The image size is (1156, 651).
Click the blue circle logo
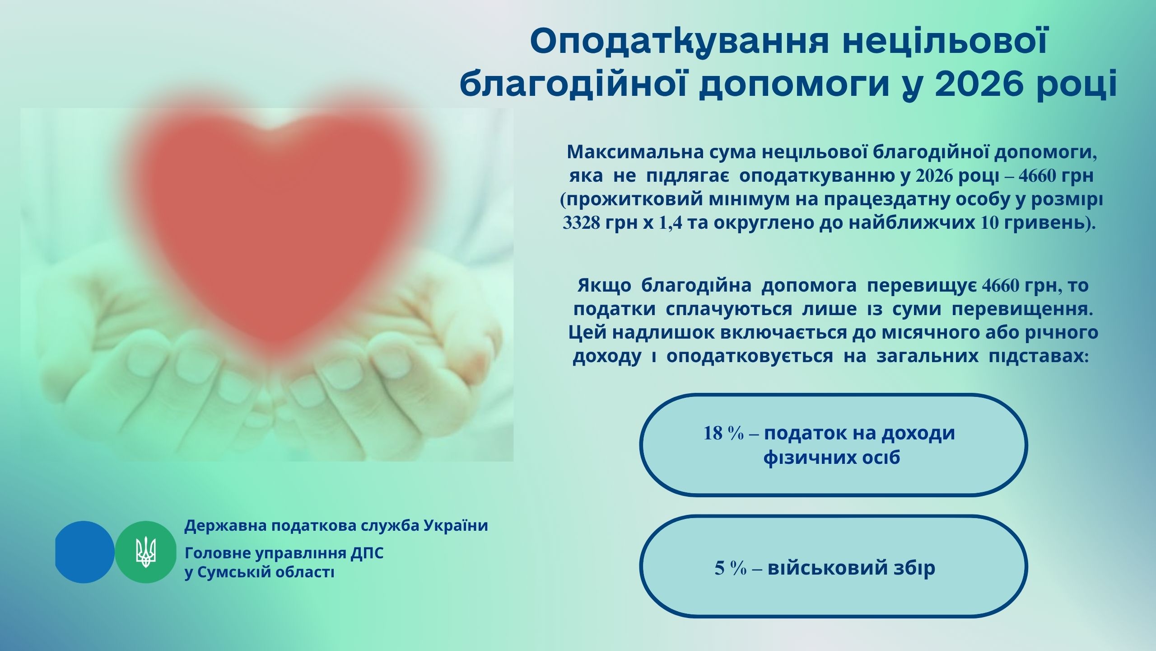pos(84,552)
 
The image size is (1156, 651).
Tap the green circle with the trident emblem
pos(145,552)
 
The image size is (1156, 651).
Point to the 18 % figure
pos(723,433)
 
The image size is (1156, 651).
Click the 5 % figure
pos(731,568)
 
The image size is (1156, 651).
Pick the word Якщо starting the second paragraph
pos(604,286)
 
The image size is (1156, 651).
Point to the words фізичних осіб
pos(832,458)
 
